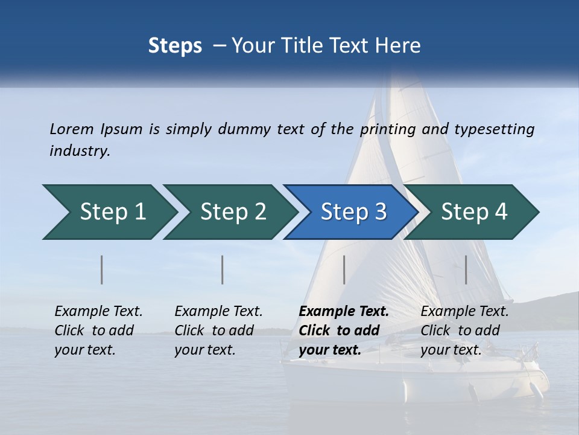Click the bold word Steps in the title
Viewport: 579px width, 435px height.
point(175,45)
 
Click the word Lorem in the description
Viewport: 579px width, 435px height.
point(72,129)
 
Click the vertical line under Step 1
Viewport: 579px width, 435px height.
point(102,269)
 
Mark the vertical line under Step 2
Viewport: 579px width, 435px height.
point(223,269)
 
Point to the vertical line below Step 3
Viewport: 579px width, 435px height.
point(344,269)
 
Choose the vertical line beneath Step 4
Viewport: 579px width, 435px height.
point(466,269)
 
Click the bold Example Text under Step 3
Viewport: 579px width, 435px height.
point(344,312)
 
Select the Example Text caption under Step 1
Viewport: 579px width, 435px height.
point(98,312)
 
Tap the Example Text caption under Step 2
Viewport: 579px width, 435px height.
point(218,312)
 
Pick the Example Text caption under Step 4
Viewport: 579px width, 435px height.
point(464,312)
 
